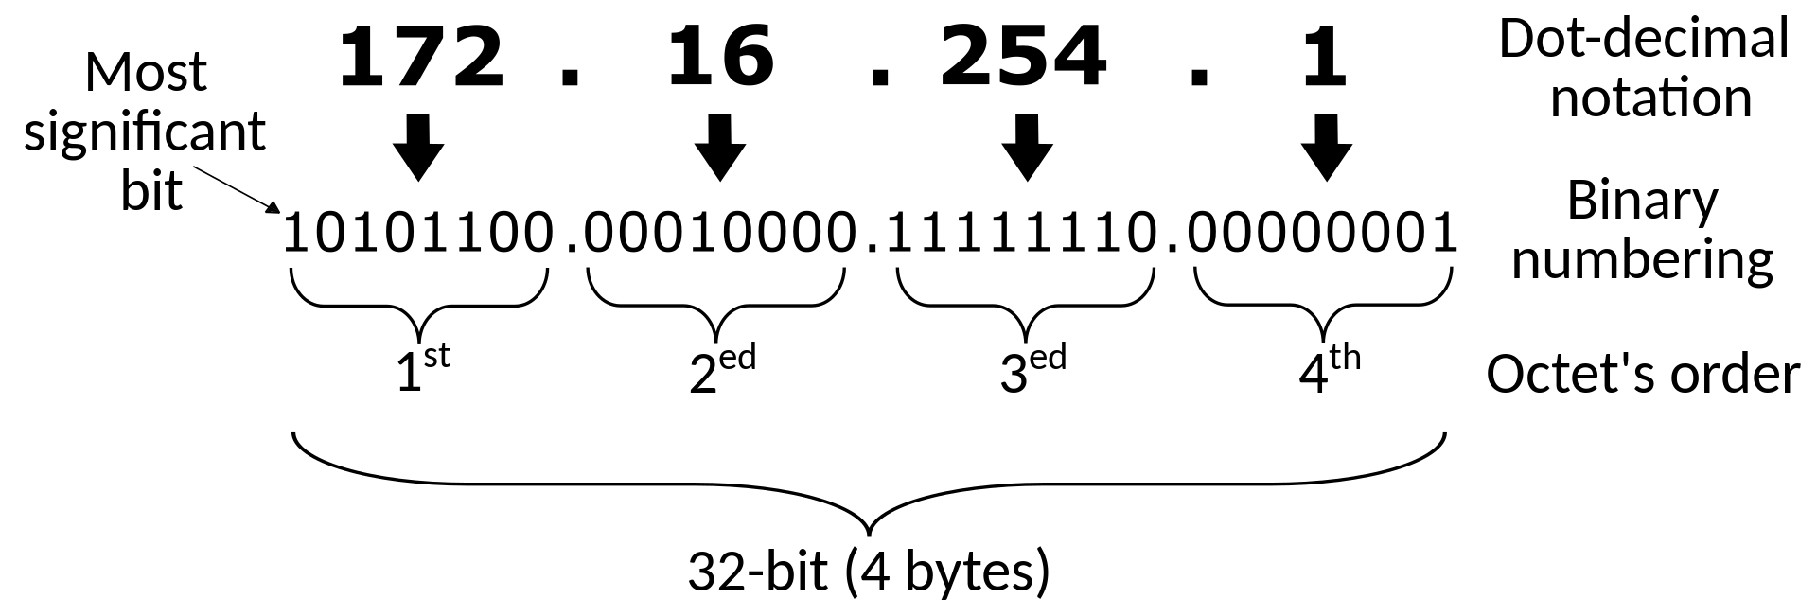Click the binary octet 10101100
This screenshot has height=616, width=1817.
[x=418, y=234]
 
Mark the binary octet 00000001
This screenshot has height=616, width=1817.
[x=1322, y=234]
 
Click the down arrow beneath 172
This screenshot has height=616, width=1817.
[x=418, y=148]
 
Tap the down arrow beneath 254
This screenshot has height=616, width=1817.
[x=1027, y=148]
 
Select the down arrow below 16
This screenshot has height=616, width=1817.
[x=720, y=148]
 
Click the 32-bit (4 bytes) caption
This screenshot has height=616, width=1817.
[x=869, y=572]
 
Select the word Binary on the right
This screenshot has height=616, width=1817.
[x=1642, y=201]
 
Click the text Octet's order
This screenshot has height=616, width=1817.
[x=1642, y=374]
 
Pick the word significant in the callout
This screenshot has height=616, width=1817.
[x=145, y=132]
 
